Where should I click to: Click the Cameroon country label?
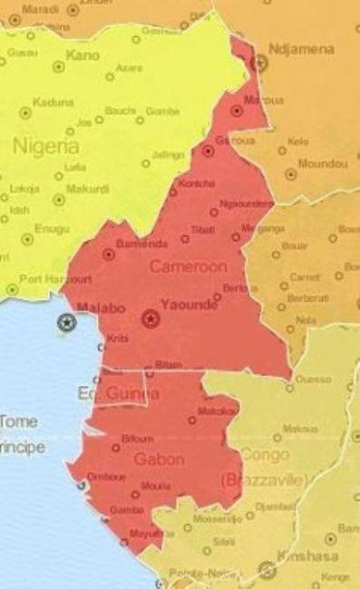click(x=189, y=267)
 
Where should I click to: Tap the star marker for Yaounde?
click(x=150, y=318)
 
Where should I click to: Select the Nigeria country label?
click(x=44, y=145)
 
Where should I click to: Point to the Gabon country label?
click(x=160, y=459)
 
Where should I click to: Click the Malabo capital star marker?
click(x=66, y=322)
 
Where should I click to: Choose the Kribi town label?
click(x=118, y=337)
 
